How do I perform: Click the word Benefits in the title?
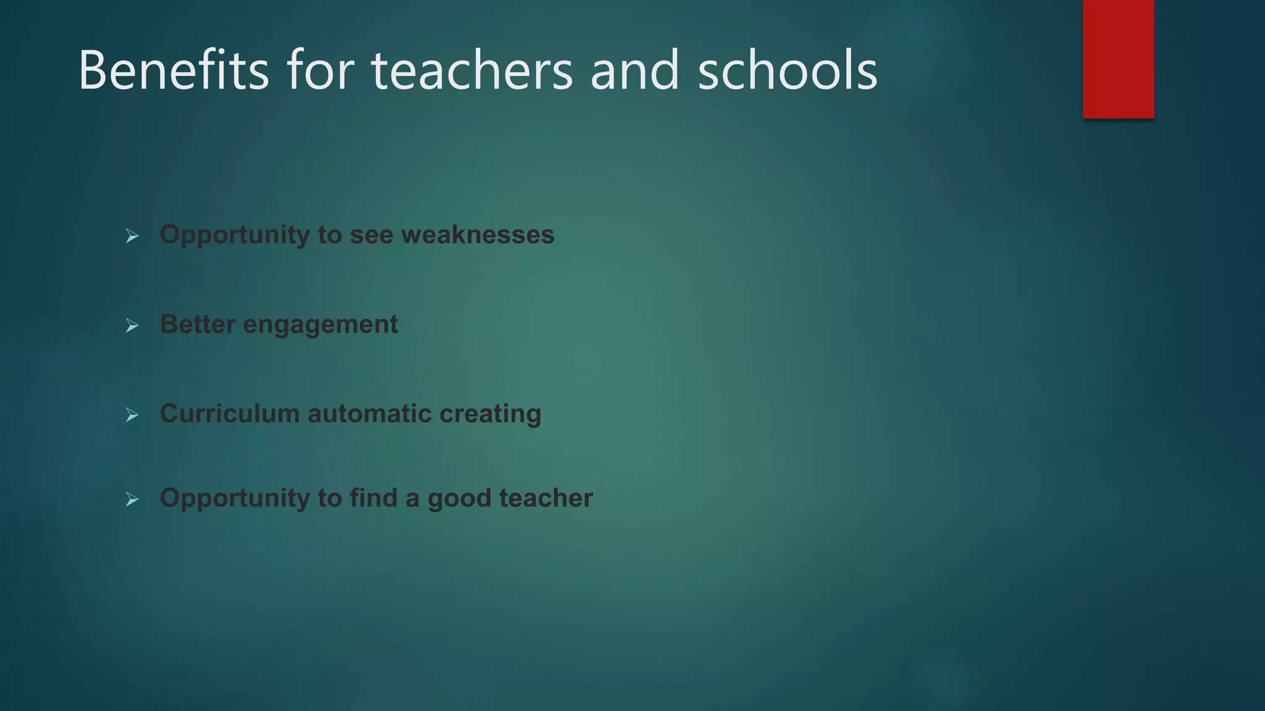click(174, 70)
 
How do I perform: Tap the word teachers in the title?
click(472, 70)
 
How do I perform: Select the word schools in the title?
click(787, 70)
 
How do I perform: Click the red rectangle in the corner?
click(1118, 59)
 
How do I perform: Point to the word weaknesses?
click(477, 235)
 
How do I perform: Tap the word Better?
click(197, 324)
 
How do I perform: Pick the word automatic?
click(369, 414)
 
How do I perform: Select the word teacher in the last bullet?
click(546, 497)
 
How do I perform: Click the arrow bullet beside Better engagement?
click(132, 325)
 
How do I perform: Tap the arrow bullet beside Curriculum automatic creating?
click(132, 415)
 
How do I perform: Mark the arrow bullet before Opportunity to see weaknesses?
click(132, 236)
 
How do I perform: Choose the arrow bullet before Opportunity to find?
click(132, 499)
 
